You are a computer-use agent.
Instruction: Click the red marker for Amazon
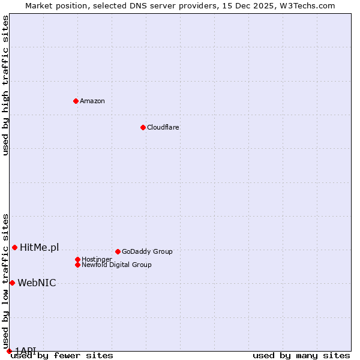click(76, 101)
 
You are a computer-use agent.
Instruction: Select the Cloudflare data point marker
click(143, 127)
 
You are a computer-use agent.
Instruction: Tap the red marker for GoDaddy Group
click(118, 251)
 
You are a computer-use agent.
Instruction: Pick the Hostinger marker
click(77, 259)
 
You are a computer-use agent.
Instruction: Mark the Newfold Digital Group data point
click(77, 265)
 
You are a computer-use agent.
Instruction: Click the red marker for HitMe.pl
click(14, 247)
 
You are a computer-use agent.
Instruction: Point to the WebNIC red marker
click(12, 283)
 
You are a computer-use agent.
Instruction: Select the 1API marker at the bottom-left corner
click(9, 351)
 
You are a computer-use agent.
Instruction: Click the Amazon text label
click(92, 101)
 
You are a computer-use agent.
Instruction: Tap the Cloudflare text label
click(163, 127)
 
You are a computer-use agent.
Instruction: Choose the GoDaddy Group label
click(147, 251)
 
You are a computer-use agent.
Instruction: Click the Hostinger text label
click(97, 259)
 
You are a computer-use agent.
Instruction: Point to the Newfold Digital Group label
click(116, 265)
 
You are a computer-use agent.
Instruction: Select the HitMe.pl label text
click(40, 247)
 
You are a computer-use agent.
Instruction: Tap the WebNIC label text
click(37, 283)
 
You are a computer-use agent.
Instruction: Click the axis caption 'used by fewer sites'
click(62, 355)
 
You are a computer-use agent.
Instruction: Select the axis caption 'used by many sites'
click(301, 355)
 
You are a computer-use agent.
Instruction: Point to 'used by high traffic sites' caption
click(5, 85)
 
